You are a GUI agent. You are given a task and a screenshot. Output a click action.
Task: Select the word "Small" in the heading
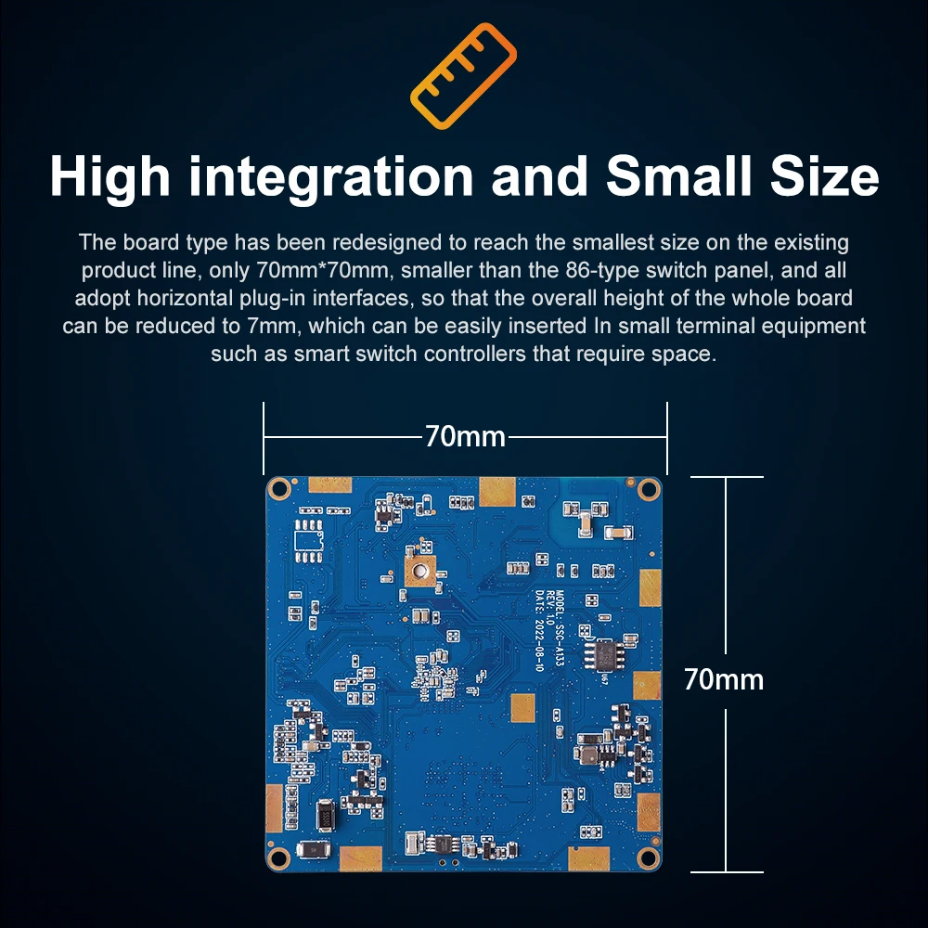tap(661, 176)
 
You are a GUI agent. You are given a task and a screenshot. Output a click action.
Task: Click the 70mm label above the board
tap(465, 436)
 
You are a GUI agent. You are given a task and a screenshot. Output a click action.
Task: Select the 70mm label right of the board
tap(724, 680)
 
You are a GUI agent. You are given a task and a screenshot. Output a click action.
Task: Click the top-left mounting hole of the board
tap(277, 487)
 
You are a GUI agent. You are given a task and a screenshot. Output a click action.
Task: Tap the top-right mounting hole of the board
tap(648, 485)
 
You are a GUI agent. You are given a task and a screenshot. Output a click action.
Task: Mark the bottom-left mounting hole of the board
tap(277, 857)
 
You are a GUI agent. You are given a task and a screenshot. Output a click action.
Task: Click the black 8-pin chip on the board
tap(602, 654)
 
